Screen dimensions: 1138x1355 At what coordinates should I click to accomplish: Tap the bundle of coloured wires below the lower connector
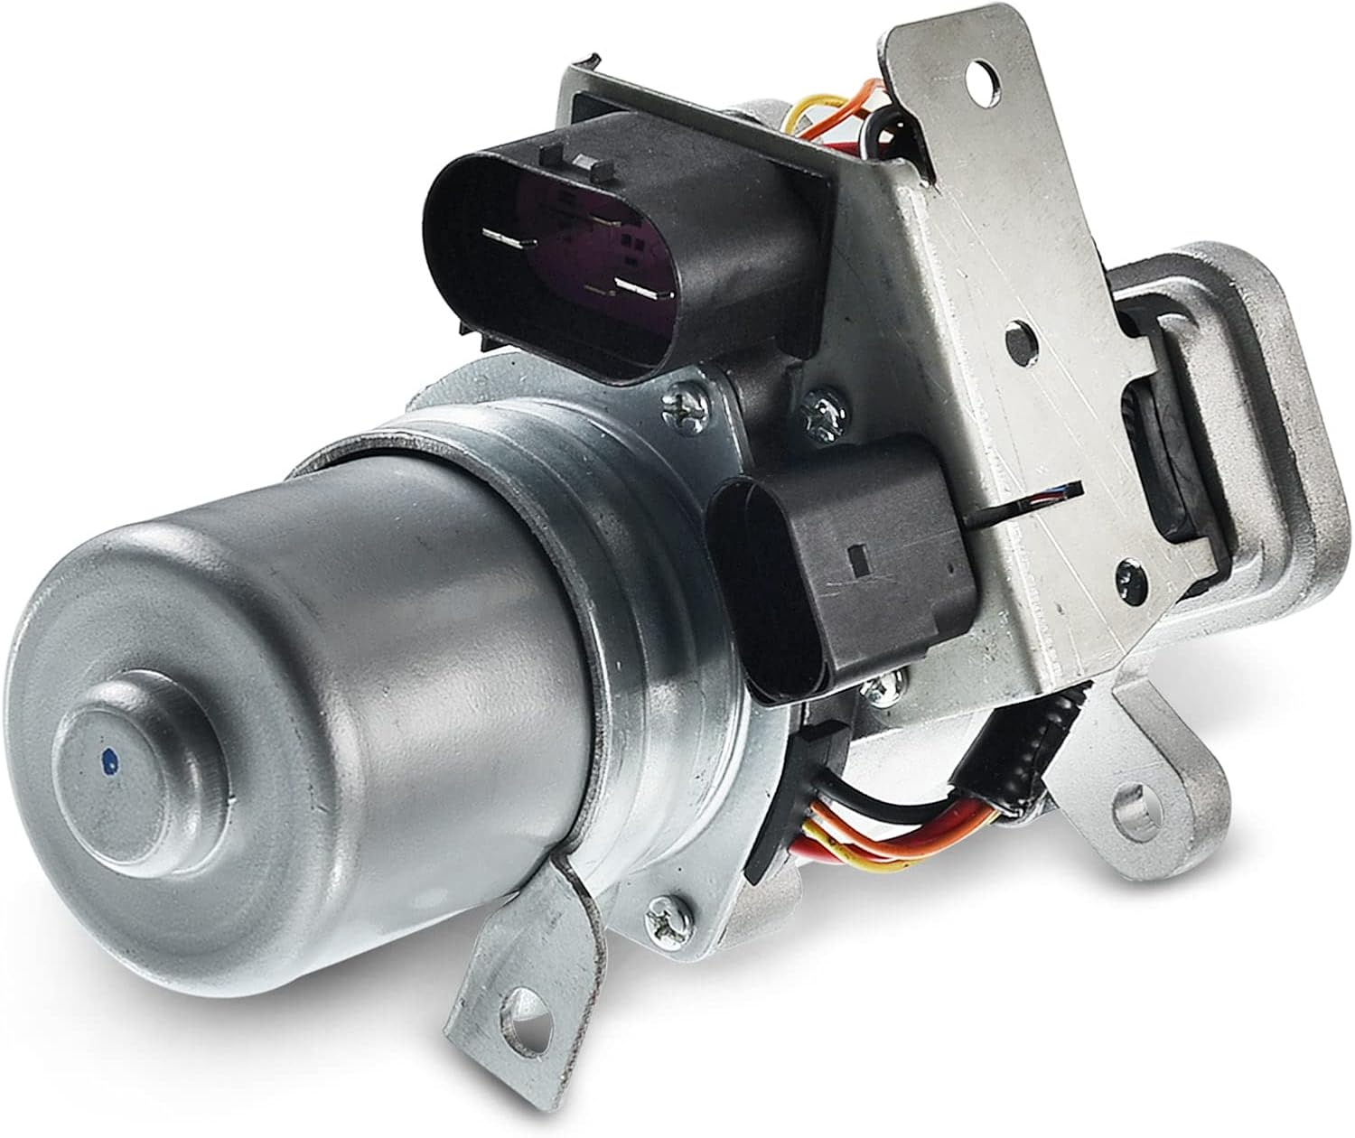coord(867,826)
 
